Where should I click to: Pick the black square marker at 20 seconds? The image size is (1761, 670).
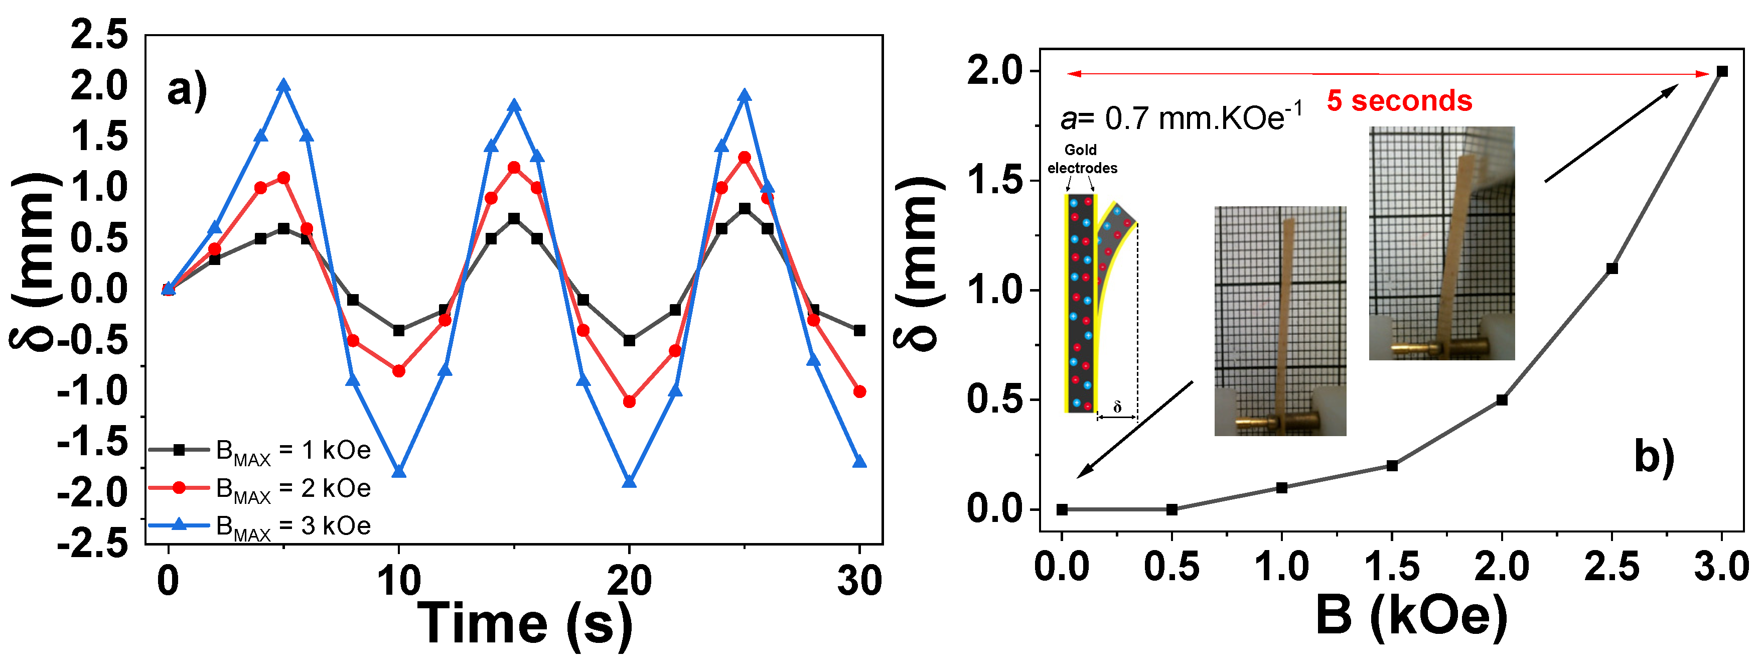pyautogui.click(x=630, y=340)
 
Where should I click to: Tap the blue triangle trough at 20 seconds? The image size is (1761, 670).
pyautogui.click(x=630, y=482)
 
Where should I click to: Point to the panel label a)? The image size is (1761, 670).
pyautogui.click(x=187, y=90)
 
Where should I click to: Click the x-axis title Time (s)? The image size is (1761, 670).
pyautogui.click(x=525, y=623)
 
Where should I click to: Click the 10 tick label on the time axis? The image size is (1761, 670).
pyautogui.click(x=399, y=581)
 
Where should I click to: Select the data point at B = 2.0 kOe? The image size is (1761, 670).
pyautogui.click(x=1502, y=400)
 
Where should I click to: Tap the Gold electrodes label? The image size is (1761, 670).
pyautogui.click(x=1082, y=159)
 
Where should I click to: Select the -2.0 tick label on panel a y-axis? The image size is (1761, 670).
pyautogui.click(x=93, y=492)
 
